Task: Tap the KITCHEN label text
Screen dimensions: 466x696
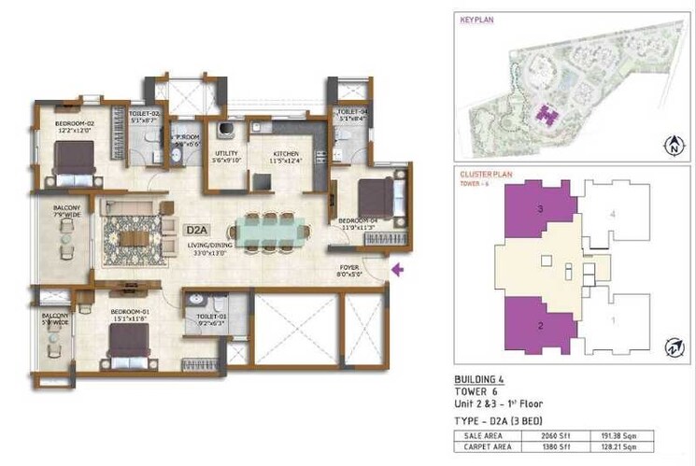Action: (285, 154)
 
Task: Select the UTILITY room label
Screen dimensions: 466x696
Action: (228, 155)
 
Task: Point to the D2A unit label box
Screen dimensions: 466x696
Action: (196, 228)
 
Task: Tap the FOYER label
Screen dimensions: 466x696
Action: (349, 270)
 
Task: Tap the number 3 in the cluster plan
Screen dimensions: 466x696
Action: (539, 209)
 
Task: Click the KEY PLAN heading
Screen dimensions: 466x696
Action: (476, 18)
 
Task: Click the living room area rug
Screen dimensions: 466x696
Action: (128, 230)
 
